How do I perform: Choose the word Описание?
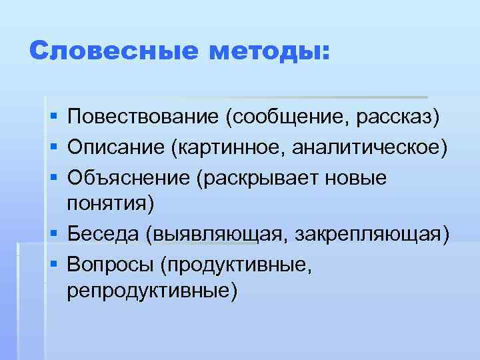[x=116, y=147]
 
